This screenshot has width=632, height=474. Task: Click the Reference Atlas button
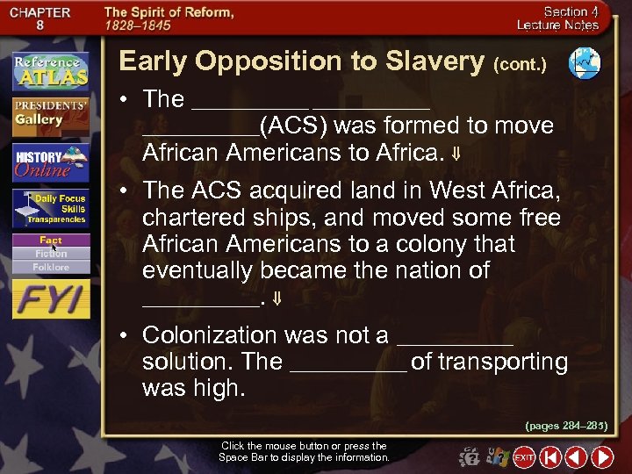tap(51, 69)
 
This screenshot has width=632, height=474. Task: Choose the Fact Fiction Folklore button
tap(51, 253)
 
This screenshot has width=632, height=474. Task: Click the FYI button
tap(51, 298)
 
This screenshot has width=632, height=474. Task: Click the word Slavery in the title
tap(431, 61)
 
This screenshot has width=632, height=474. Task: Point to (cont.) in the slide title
tap(521, 64)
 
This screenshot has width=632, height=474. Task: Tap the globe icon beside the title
tap(584, 61)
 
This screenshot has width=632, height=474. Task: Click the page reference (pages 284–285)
tap(566, 425)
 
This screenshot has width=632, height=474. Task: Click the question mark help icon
tap(470, 456)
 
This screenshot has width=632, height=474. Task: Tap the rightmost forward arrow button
tap(602, 456)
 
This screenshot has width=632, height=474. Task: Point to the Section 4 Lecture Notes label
tap(570, 18)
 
